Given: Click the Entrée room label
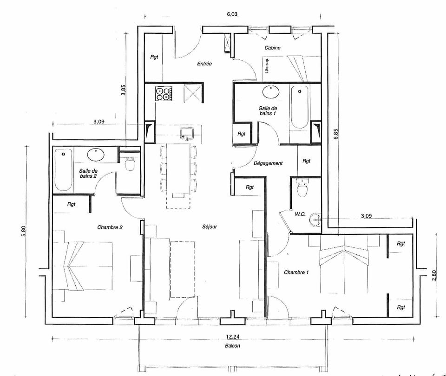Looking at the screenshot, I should [204, 64].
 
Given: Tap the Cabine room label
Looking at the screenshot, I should [272, 48].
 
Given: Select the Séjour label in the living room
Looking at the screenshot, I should [210, 227].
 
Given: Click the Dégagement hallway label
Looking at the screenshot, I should [268, 163].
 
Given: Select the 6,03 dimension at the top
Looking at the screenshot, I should [232, 14].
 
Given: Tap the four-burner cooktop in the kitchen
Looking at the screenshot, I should [163, 94].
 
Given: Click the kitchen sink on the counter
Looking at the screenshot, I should [186, 133].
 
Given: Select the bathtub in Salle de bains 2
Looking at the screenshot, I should [64, 169].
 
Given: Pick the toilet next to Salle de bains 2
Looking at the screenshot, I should [130, 163].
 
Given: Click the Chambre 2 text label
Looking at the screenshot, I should [110, 227].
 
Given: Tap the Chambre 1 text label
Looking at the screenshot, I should [296, 272].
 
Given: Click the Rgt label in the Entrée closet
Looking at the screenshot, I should [154, 57].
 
